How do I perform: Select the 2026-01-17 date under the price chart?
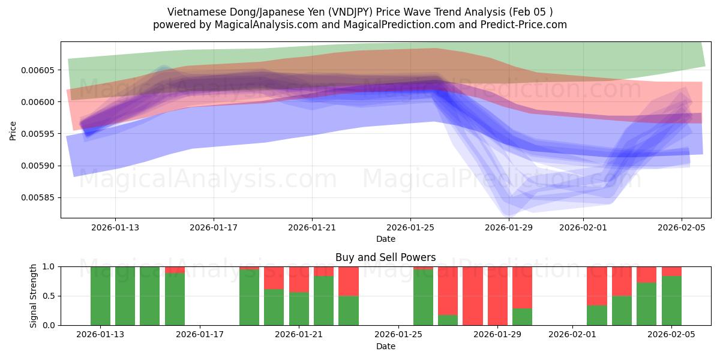(214, 228)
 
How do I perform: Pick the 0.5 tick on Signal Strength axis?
(48, 296)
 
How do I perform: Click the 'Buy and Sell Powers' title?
(385, 257)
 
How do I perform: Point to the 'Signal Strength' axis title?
(34, 295)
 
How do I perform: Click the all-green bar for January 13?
(100, 296)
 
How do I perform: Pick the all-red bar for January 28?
(473, 296)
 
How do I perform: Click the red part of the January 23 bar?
(349, 281)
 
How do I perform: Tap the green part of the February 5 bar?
(671, 301)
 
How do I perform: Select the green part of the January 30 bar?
(523, 317)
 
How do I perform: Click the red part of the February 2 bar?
(597, 286)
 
